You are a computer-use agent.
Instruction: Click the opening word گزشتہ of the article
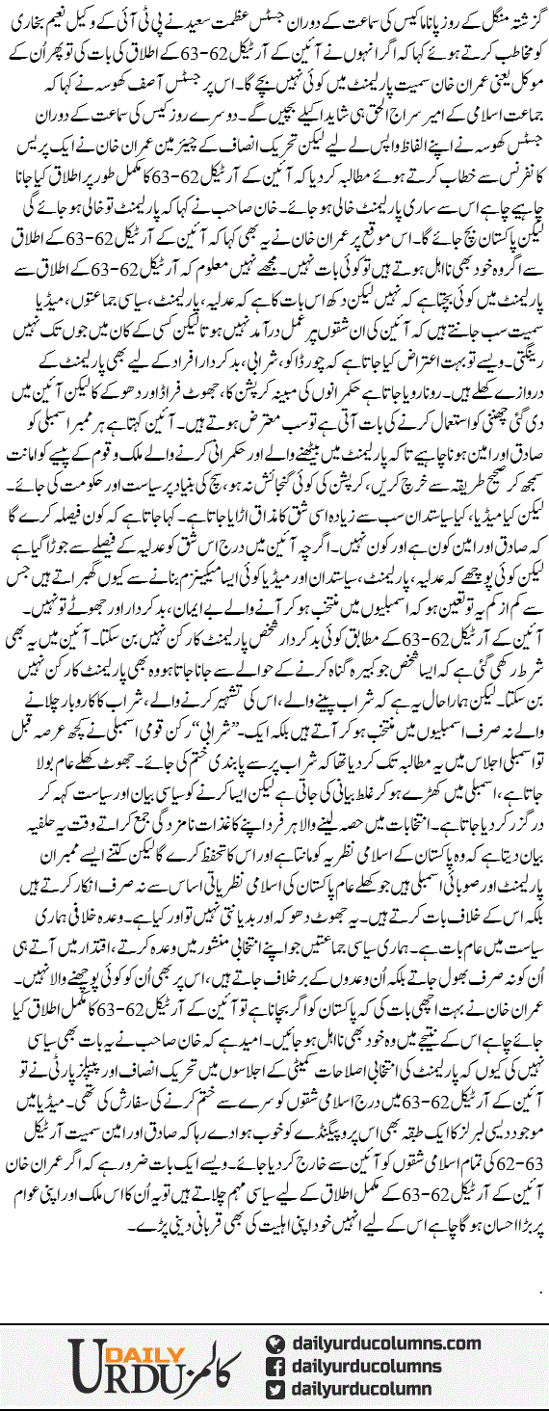520,15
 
